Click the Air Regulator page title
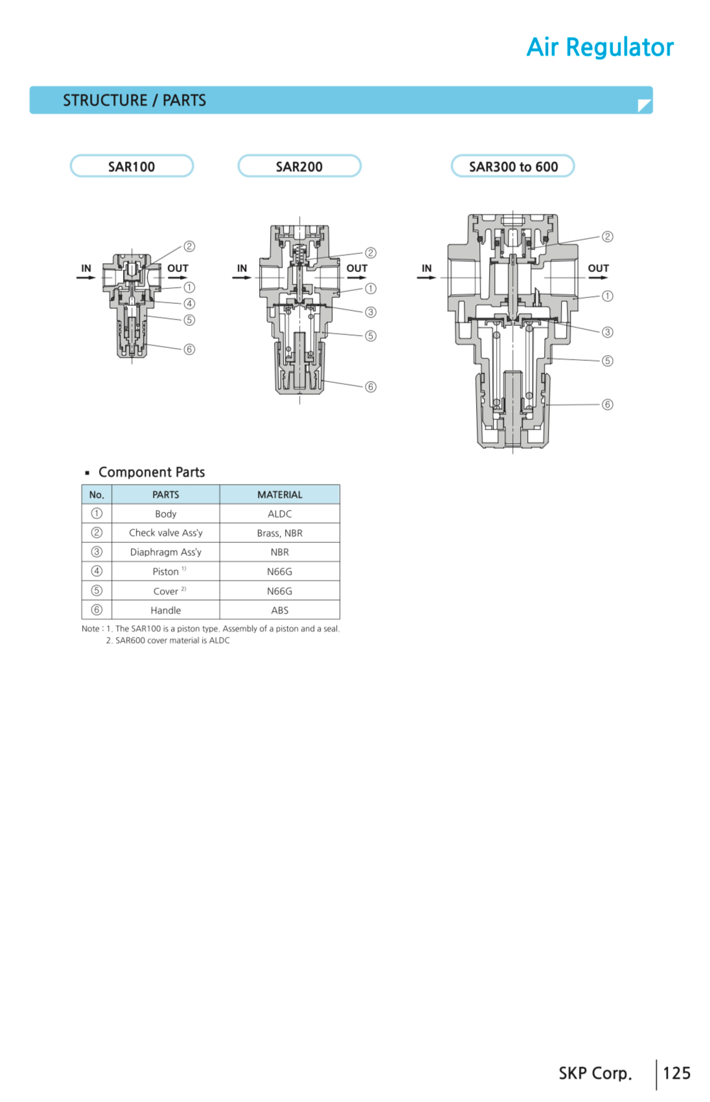pyautogui.click(x=600, y=47)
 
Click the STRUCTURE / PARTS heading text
pyautogui.click(x=134, y=100)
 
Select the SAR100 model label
pyautogui.click(x=132, y=166)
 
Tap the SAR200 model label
pyautogui.click(x=299, y=166)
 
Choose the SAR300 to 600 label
pyautogui.click(x=513, y=166)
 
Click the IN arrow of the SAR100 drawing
pyautogui.click(x=86, y=277)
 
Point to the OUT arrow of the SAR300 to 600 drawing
pyautogui.click(x=599, y=277)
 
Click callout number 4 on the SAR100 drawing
pyautogui.click(x=189, y=304)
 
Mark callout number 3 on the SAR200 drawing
pyautogui.click(x=371, y=312)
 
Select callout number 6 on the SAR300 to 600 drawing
pyautogui.click(x=608, y=404)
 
